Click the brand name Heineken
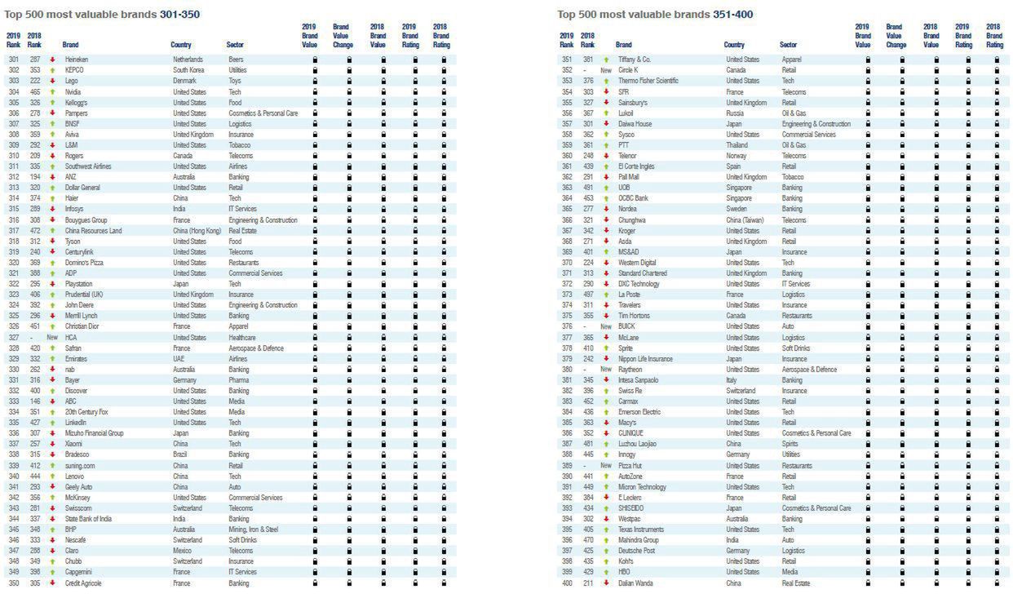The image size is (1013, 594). (77, 60)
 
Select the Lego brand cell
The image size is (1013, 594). (72, 81)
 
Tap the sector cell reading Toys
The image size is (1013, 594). (234, 81)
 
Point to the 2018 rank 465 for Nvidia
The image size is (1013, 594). (34, 91)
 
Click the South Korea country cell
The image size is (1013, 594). (188, 70)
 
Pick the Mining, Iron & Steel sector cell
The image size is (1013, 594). (253, 530)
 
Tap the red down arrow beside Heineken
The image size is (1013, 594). (52, 60)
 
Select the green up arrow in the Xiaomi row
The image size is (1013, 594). (52, 444)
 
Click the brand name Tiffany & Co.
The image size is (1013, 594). (634, 60)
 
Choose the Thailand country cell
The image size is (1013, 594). (737, 145)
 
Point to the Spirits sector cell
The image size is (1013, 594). (790, 444)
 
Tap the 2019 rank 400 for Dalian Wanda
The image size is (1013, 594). (567, 583)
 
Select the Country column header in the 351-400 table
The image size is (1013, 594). (734, 45)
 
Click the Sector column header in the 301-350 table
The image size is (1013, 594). (235, 45)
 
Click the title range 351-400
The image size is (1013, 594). (731, 14)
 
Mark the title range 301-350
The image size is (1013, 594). (179, 14)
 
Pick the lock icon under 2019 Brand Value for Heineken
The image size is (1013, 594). (315, 60)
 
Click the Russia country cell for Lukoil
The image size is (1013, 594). (735, 113)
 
